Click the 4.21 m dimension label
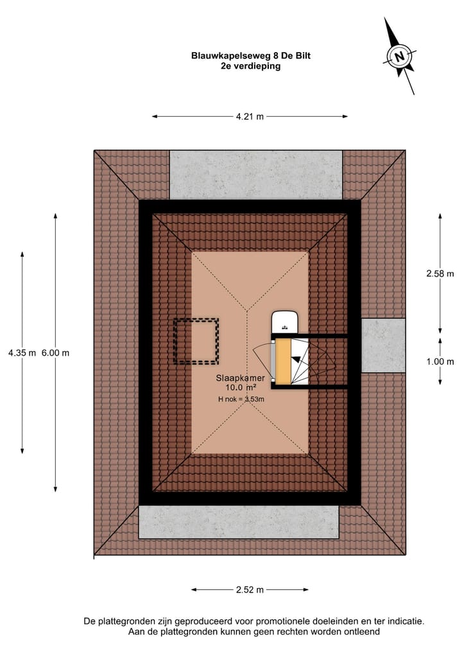(x=250, y=117)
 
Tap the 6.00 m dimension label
(x=55, y=353)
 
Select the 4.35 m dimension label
(x=22, y=353)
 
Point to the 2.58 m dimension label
(x=440, y=274)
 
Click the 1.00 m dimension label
(x=440, y=361)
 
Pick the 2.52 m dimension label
(x=250, y=589)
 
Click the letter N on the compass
(x=400, y=57)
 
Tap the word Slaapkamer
(x=240, y=378)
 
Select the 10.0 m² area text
(x=241, y=387)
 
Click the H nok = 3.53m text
(x=241, y=399)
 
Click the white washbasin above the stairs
(x=285, y=322)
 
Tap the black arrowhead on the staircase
(x=296, y=360)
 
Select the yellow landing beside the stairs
(x=283, y=361)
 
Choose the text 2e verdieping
(x=250, y=65)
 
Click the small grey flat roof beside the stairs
(x=383, y=345)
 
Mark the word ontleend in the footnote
(x=362, y=632)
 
